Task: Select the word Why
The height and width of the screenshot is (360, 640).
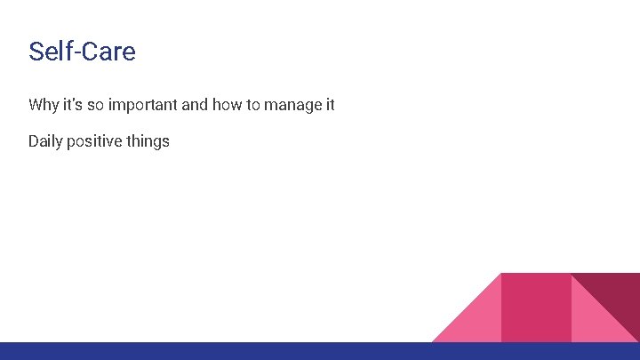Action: point(44,105)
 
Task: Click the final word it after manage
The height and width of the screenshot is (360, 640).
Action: point(330,105)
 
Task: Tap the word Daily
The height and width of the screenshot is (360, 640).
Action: point(46,141)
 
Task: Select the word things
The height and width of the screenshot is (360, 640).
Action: point(148,141)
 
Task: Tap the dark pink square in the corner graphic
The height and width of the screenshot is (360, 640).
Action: point(536,307)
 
